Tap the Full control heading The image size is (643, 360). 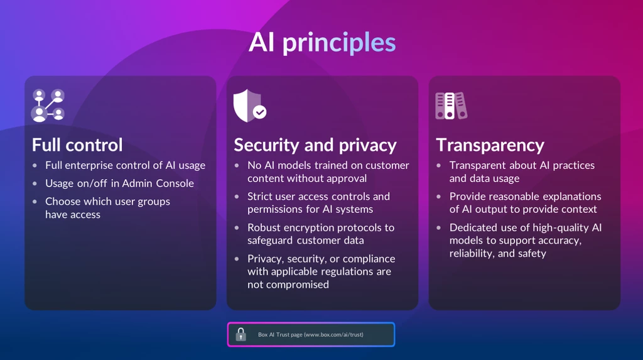77,145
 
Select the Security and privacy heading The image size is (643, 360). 315,146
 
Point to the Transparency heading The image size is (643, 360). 490,146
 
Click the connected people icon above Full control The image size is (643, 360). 48,106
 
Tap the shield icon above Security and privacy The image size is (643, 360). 247,106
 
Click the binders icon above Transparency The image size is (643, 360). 451,106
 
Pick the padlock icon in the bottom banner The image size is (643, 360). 240,334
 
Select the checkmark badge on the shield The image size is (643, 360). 259,112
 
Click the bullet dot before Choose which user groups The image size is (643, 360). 35,202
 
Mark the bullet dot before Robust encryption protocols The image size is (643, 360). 237,227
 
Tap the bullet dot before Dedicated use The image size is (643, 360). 439,227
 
